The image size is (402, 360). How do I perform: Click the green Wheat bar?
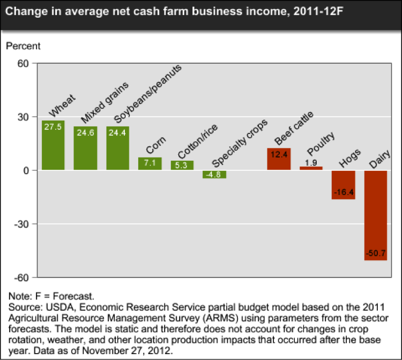pyautogui.click(x=53, y=145)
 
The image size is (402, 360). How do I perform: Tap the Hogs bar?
pyautogui.click(x=343, y=185)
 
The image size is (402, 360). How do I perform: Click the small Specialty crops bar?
pyautogui.click(x=214, y=174)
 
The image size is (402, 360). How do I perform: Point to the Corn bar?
pyautogui.click(x=150, y=163)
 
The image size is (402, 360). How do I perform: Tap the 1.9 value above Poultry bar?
pyautogui.click(x=311, y=162)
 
